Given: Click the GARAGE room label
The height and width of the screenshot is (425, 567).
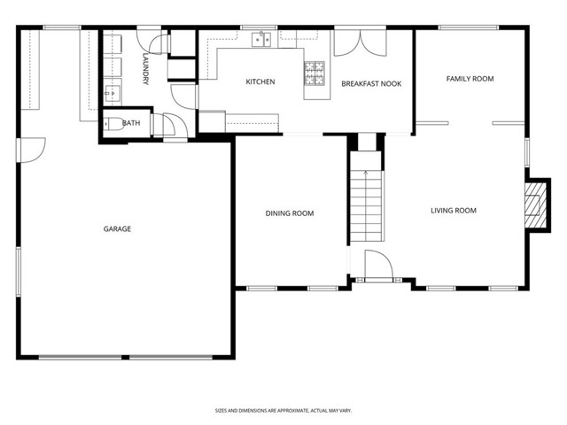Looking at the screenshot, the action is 117,228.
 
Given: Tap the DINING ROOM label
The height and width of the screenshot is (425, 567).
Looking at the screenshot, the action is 290,213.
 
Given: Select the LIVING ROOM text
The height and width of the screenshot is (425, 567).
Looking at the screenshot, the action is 454,211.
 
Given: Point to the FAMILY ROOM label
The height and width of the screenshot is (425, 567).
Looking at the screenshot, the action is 470,79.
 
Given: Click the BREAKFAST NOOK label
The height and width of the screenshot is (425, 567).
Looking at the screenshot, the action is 371,84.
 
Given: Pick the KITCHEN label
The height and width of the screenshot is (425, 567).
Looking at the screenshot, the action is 260,81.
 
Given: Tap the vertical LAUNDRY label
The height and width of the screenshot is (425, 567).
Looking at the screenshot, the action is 145,69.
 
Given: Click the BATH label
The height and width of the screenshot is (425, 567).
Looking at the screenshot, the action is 131,123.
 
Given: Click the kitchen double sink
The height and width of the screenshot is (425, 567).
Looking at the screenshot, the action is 261,39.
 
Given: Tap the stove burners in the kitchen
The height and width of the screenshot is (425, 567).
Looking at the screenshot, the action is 315,73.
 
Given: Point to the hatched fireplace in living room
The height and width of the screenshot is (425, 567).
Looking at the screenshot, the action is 535,205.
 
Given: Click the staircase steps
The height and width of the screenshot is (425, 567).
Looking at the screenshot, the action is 366,206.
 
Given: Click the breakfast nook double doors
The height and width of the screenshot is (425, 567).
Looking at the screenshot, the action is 361,43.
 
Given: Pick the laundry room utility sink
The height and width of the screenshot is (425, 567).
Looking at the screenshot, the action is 113,94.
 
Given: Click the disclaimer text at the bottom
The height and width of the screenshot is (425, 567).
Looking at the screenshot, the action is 283,411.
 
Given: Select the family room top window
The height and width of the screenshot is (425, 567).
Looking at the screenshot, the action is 469,27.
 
